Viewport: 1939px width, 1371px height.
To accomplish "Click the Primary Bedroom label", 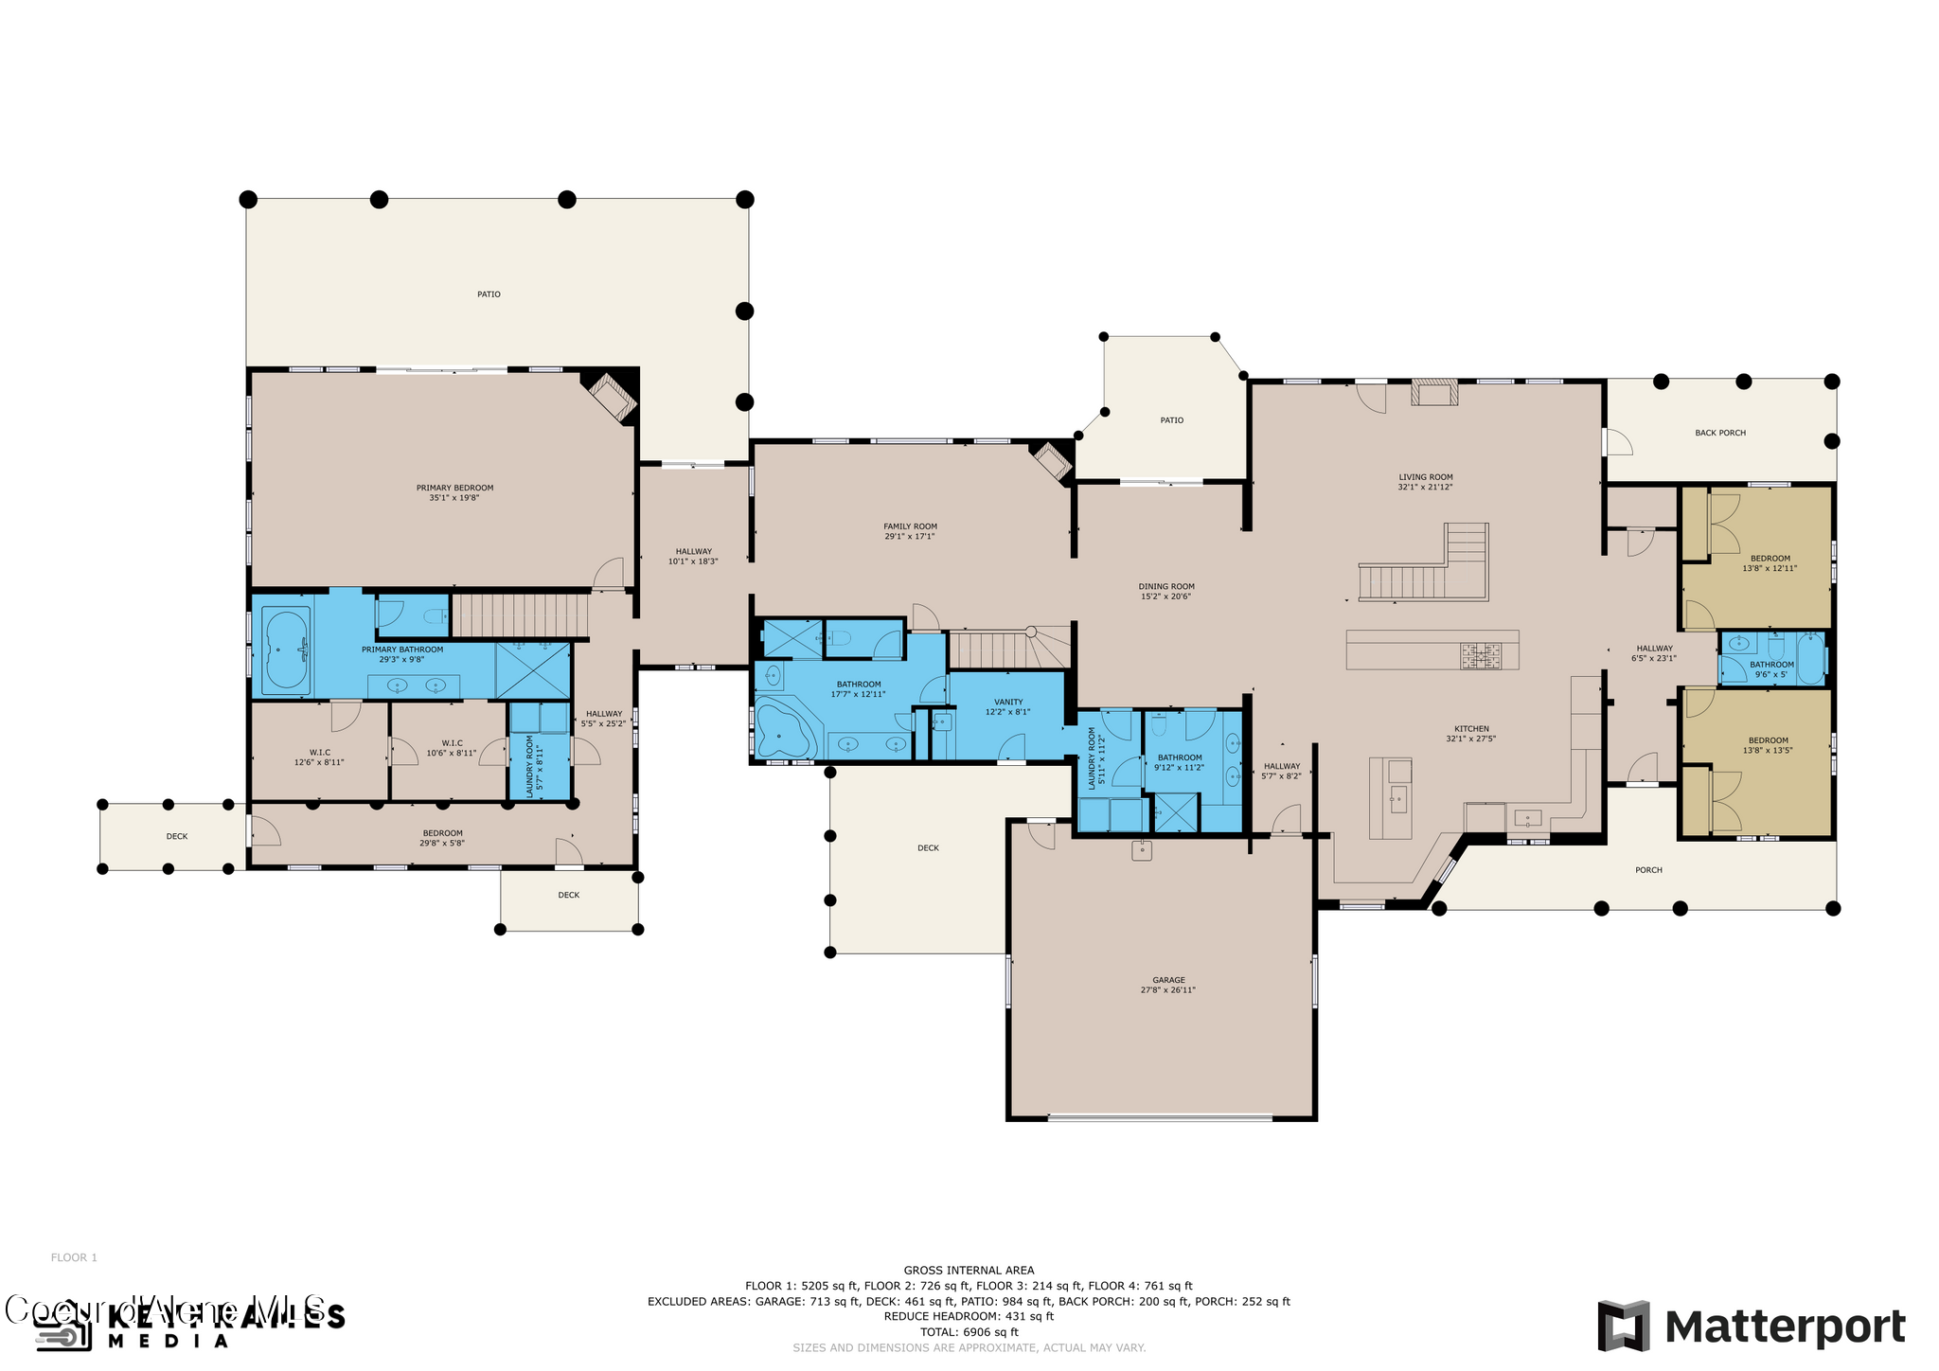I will point(454,489).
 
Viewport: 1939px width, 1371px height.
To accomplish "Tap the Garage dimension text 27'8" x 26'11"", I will point(1167,990).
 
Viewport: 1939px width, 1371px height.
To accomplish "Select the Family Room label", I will point(910,526).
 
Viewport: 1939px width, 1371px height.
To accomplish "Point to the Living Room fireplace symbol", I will point(1434,392).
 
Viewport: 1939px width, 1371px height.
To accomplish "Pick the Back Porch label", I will point(1719,433).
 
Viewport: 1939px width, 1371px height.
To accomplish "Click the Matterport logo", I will point(1752,1326).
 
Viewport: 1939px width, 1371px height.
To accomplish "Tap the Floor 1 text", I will point(74,1257).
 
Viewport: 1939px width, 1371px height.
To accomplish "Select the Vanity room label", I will point(1007,702).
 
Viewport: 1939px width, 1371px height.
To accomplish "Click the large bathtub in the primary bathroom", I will point(287,650).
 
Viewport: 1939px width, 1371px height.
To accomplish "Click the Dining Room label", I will point(1165,586).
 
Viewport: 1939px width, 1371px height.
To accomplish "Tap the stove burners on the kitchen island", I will point(1480,654).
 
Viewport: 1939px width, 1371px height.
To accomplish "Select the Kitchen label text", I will point(1470,729).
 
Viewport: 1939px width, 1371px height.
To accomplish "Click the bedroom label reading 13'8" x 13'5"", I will point(1768,750).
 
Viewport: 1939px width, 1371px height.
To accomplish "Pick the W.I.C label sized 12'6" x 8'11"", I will point(319,753).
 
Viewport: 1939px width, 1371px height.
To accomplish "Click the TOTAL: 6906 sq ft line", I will point(969,1331).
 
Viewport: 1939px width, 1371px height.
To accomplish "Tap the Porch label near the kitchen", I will point(1647,870).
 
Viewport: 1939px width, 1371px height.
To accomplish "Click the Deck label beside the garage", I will point(927,848).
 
